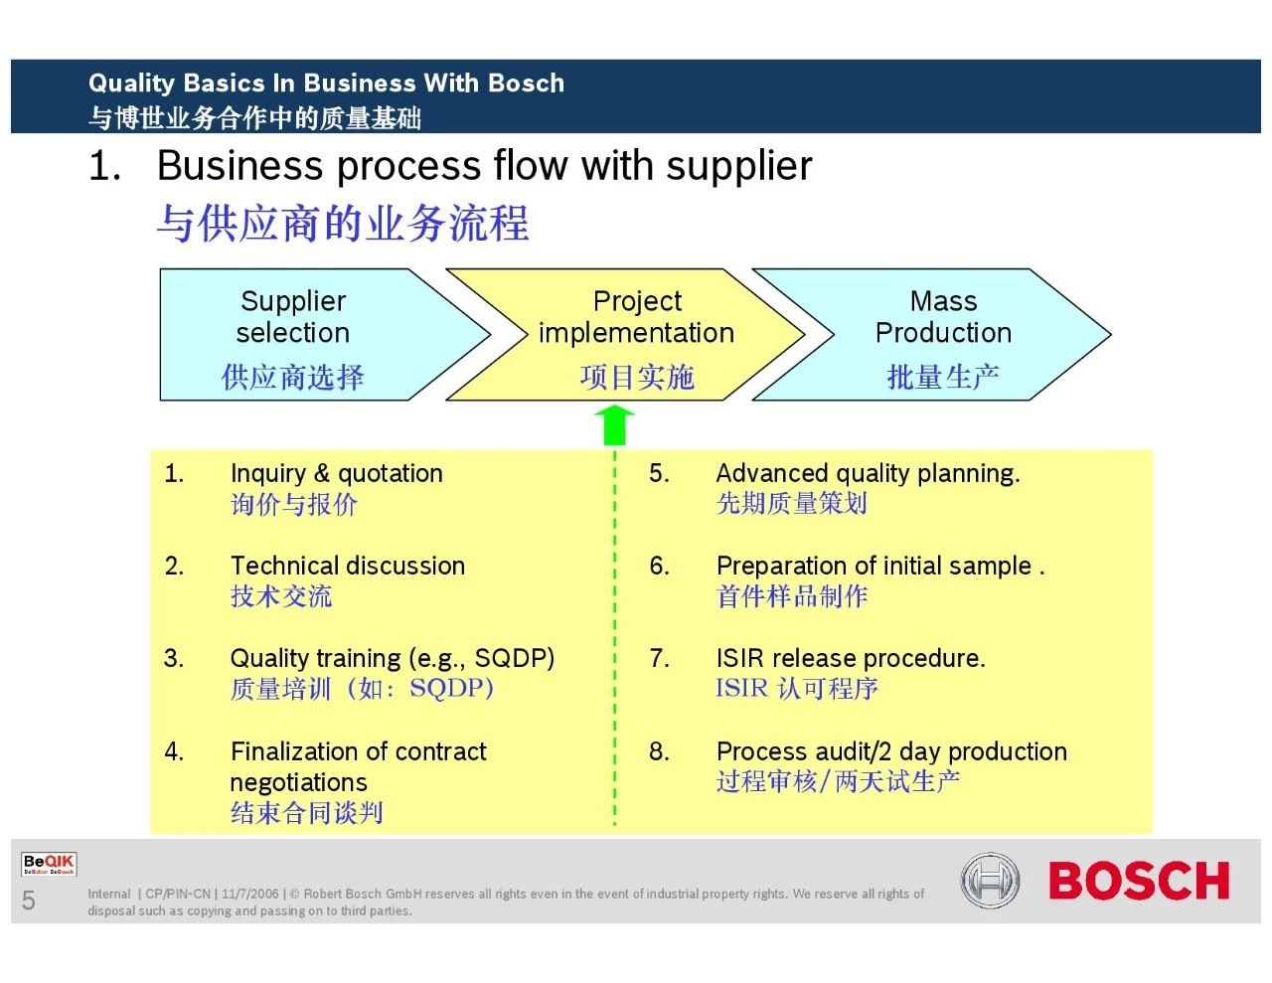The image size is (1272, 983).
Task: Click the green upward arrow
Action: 614,425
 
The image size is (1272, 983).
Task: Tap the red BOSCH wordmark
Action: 1139,880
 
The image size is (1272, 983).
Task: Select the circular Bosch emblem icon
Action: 990,881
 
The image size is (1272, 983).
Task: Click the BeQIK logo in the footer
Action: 49,864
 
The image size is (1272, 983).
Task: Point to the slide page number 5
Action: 28,900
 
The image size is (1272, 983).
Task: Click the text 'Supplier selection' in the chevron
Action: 293,317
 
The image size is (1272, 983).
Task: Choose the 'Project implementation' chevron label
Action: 636,317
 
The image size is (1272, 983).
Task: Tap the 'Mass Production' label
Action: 943,317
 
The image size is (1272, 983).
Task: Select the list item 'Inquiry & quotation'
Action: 337,473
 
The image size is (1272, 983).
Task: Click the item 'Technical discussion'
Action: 348,566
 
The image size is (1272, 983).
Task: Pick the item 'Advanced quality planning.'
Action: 869,473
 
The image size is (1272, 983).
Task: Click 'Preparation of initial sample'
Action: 874,567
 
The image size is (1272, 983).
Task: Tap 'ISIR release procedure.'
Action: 851,659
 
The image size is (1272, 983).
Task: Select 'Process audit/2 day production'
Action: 891,751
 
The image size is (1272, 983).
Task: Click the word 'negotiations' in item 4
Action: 298,783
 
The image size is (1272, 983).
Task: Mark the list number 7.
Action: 659,659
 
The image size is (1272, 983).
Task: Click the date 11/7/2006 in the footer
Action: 250,894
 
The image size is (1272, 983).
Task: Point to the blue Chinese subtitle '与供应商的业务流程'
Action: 343,223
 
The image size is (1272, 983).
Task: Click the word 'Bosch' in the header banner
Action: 527,82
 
